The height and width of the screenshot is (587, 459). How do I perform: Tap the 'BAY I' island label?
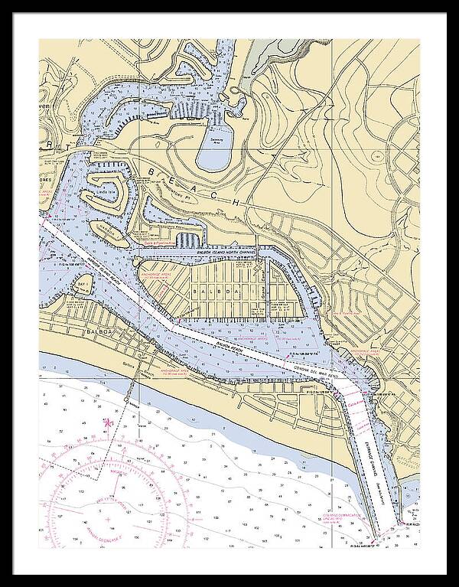pyautogui.click(x=83, y=284)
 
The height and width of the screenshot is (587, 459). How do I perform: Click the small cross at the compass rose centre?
pyautogui.click(x=107, y=521)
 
